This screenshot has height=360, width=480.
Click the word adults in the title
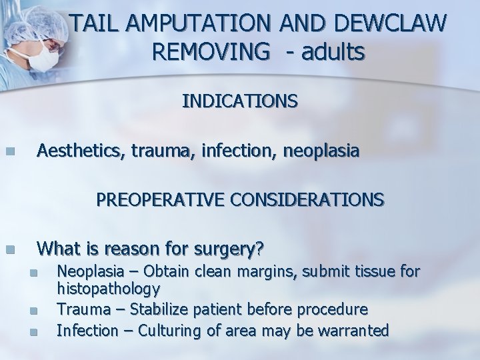pos(332,52)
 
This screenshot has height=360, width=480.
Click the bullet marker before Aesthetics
pos(9,152)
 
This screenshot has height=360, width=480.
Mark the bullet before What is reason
pos(9,249)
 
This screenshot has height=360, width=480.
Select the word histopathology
pos(108,289)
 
